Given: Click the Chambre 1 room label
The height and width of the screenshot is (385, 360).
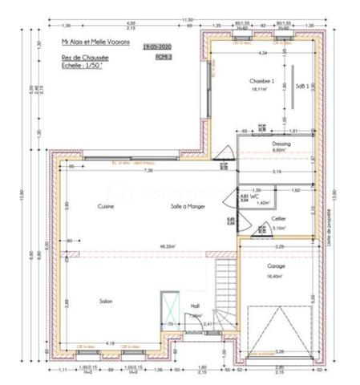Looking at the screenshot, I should [x=261, y=82].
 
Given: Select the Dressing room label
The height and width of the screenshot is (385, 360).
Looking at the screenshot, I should [x=281, y=144].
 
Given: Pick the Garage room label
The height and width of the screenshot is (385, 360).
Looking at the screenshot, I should [x=276, y=266].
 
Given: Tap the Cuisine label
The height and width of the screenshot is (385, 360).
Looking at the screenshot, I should [x=105, y=207].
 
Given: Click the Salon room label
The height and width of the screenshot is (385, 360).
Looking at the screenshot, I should [x=105, y=302].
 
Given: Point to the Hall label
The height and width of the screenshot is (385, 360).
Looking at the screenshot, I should [x=194, y=306].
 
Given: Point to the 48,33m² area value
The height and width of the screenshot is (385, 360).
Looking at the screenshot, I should [x=168, y=247].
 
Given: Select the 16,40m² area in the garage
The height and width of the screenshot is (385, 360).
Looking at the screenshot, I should [x=276, y=276].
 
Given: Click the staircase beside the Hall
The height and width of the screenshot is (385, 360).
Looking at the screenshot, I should [x=226, y=293].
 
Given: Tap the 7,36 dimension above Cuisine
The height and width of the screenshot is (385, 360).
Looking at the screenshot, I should [x=148, y=172].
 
